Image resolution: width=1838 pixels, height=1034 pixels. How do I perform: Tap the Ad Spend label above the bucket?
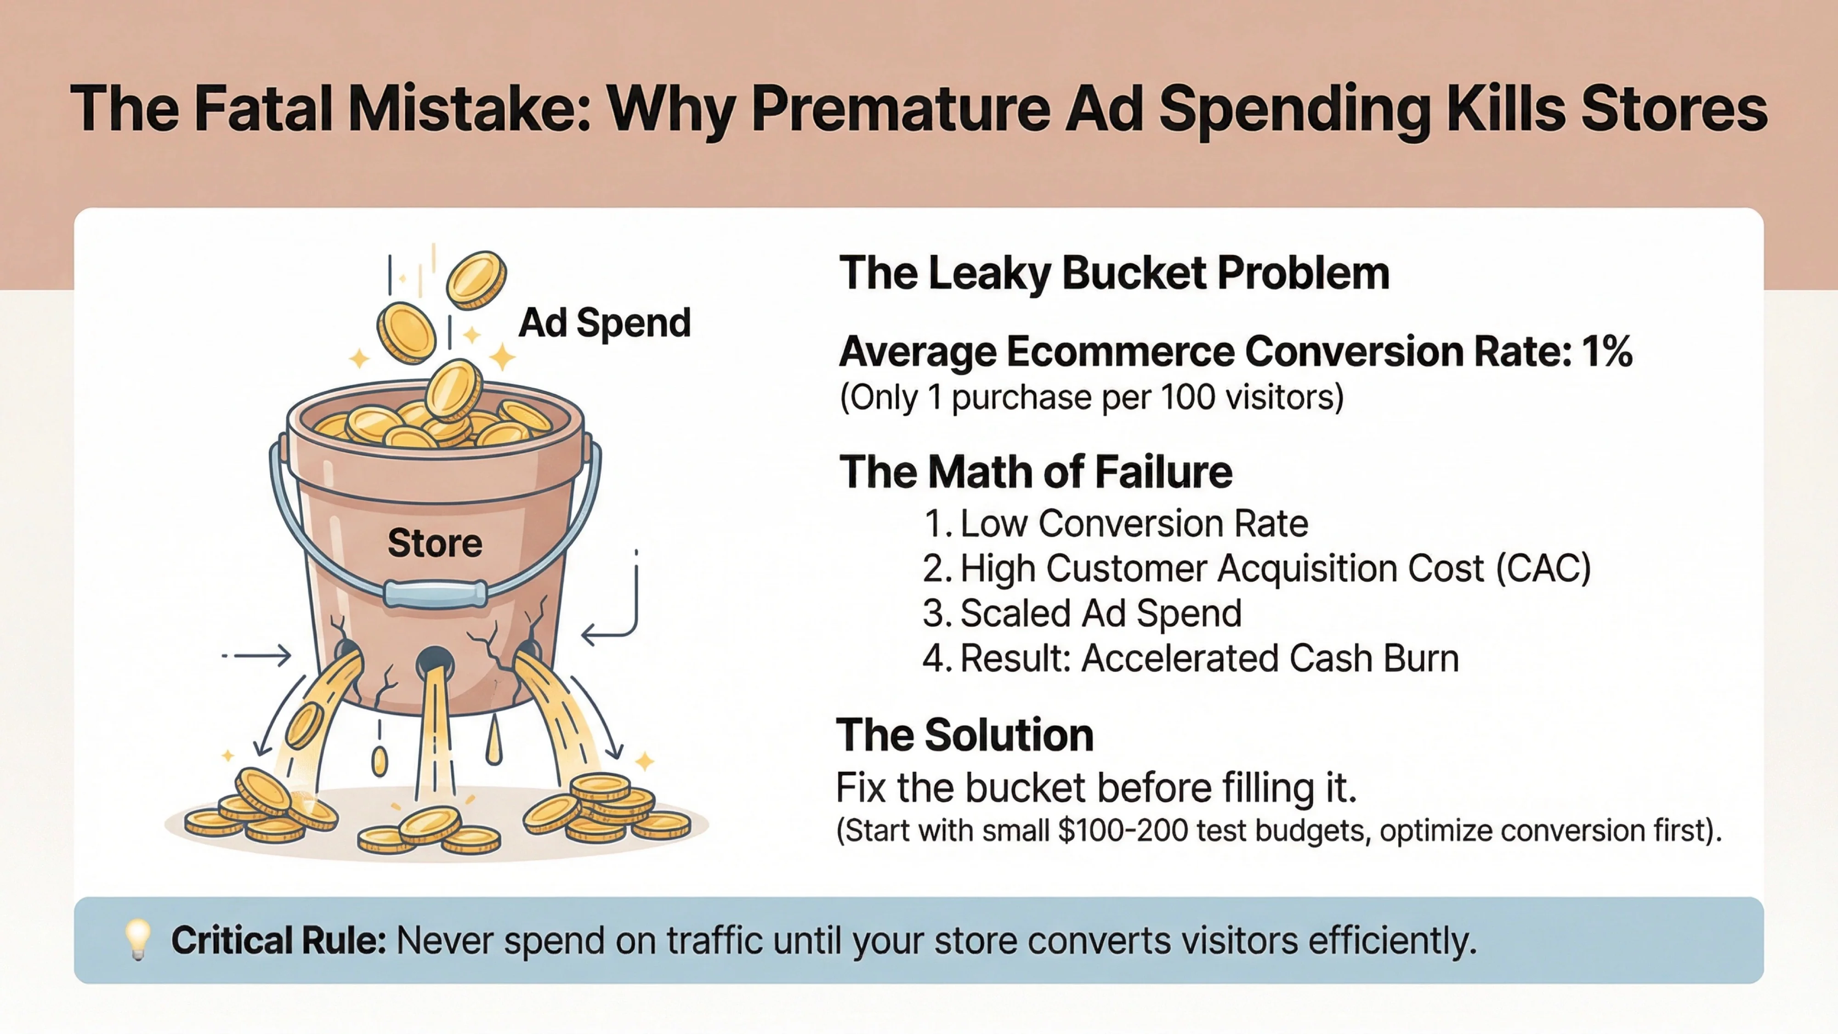[x=604, y=323]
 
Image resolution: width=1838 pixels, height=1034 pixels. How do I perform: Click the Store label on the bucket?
[x=435, y=543]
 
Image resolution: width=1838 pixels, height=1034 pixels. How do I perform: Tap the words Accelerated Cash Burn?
[x=1270, y=658]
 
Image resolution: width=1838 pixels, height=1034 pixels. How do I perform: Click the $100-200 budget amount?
[x=1123, y=830]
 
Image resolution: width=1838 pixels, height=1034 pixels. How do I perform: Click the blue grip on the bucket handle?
[x=435, y=594]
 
